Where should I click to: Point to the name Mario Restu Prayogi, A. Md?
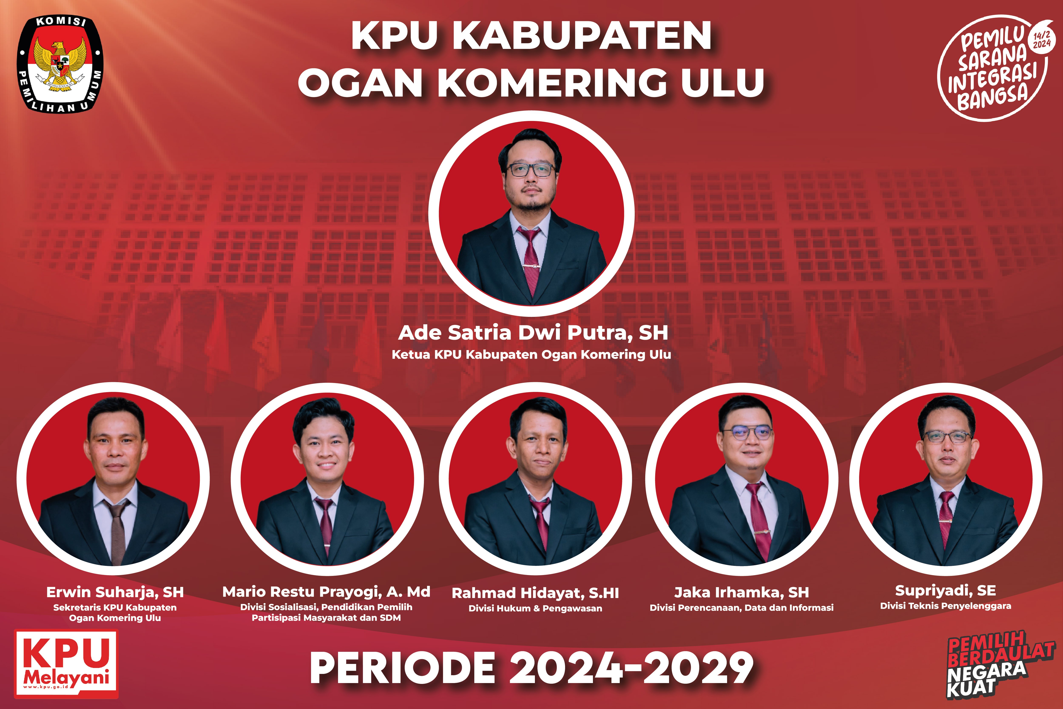point(326,592)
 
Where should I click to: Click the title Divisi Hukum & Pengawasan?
point(535,608)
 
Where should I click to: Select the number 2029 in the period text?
point(698,668)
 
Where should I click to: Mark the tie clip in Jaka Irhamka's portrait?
point(762,535)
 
